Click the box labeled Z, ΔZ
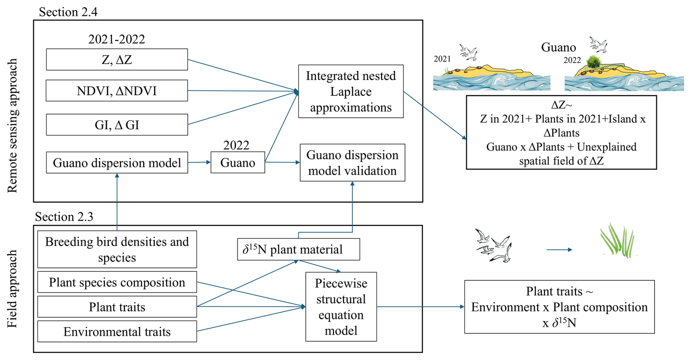pyautogui.click(x=117, y=60)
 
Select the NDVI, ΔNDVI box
pyautogui.click(x=117, y=91)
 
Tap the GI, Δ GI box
pyautogui.click(x=117, y=125)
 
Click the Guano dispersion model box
pyautogui.click(x=117, y=163)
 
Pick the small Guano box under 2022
pyautogui.click(x=238, y=163)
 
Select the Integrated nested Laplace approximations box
pyautogui.click(x=351, y=91)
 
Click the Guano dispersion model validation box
pyautogui.click(x=352, y=163)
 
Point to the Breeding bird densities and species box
pyautogui.click(x=117, y=249)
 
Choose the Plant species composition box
pyautogui.click(x=117, y=282)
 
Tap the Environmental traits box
pyautogui.click(x=117, y=331)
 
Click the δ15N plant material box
pyautogui.click(x=298, y=249)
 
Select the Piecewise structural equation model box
pyautogui.click(x=341, y=307)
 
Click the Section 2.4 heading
pyautogui.click(x=68, y=12)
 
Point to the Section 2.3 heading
pyautogui.click(x=64, y=217)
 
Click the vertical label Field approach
pyautogui.click(x=12, y=289)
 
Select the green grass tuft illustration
pyautogui.click(x=618, y=241)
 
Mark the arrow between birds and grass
pyautogui.click(x=559, y=250)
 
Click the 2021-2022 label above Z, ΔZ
pyautogui.click(x=117, y=39)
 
